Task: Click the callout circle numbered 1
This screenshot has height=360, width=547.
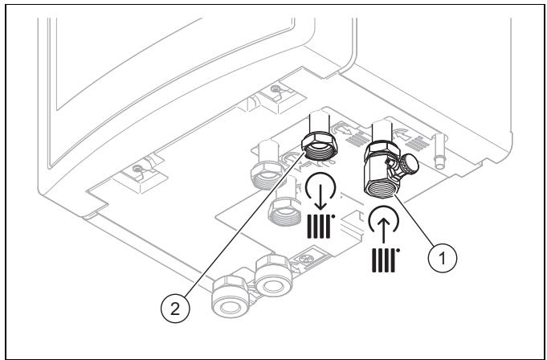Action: pyautogui.click(x=442, y=258)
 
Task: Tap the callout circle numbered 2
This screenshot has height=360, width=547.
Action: pyautogui.click(x=175, y=309)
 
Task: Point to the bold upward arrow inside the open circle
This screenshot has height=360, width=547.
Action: pyautogui.click(x=384, y=228)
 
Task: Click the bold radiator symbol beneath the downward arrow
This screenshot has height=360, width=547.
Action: pyautogui.click(x=320, y=227)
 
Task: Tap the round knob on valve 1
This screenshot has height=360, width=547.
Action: pyautogui.click(x=409, y=164)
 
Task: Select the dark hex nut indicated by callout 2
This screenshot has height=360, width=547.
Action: pyautogui.click(x=320, y=145)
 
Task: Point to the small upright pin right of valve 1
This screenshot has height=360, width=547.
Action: pyautogui.click(x=439, y=151)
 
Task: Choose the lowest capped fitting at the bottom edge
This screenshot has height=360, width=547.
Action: pyautogui.click(x=231, y=296)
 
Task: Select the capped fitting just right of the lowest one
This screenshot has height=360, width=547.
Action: pyautogui.click(x=274, y=276)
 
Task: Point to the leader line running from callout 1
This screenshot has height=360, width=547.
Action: pyautogui.click(x=414, y=221)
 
